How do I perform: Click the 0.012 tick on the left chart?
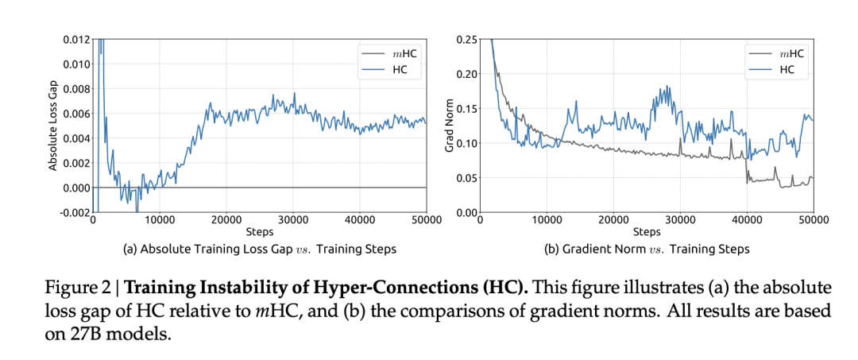click(x=75, y=40)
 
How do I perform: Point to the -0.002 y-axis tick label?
click(x=74, y=212)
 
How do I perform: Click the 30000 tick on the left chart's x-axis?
click(x=292, y=221)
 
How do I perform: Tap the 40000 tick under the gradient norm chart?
click(x=747, y=221)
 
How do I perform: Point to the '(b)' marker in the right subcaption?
click(x=551, y=250)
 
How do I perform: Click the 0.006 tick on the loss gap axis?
click(x=75, y=114)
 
